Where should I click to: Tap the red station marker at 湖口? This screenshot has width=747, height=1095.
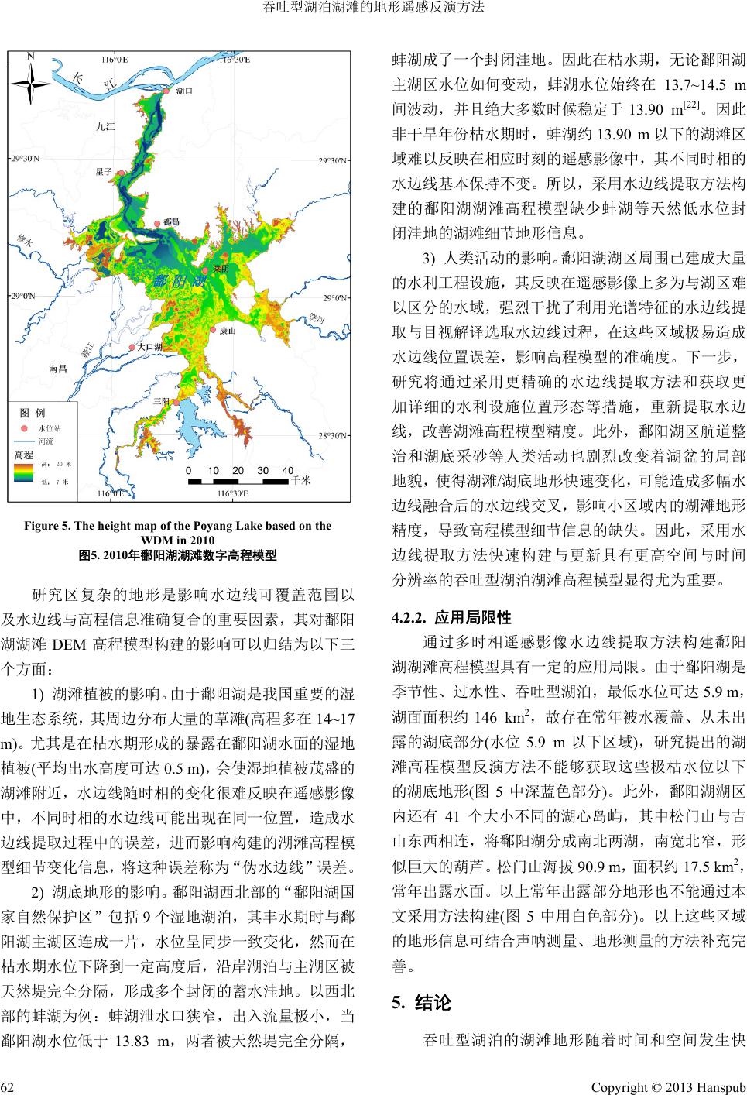(165, 91)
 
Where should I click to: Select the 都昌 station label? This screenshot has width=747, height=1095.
(172, 222)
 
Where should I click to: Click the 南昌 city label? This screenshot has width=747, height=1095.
(58, 369)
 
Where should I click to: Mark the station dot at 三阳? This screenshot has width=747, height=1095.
(176, 402)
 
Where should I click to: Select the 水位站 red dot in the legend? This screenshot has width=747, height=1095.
(24, 427)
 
